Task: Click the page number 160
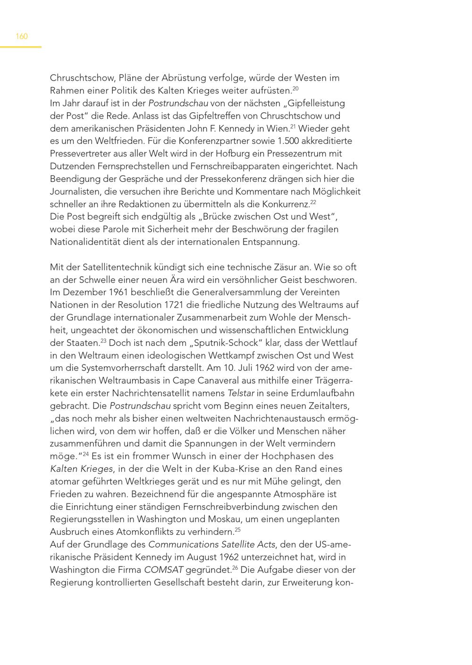tap(22, 36)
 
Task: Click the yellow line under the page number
tap(21, 47)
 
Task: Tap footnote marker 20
tap(295, 88)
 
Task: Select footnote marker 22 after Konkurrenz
tap(313, 202)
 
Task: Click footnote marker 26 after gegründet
tap(235, 567)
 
